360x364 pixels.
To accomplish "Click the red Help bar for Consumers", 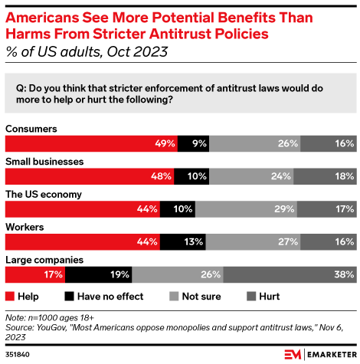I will (91, 143).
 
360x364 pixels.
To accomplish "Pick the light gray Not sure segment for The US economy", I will (251, 208).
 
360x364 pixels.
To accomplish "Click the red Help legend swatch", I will (11, 295).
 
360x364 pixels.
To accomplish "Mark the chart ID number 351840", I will (18, 354).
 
